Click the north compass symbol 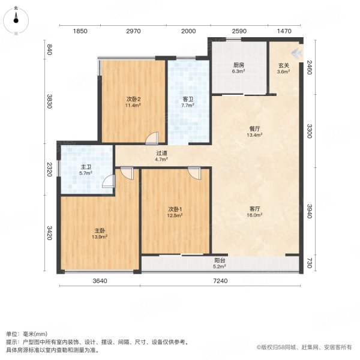16,19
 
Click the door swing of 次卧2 154,138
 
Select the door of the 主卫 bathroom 108,181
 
